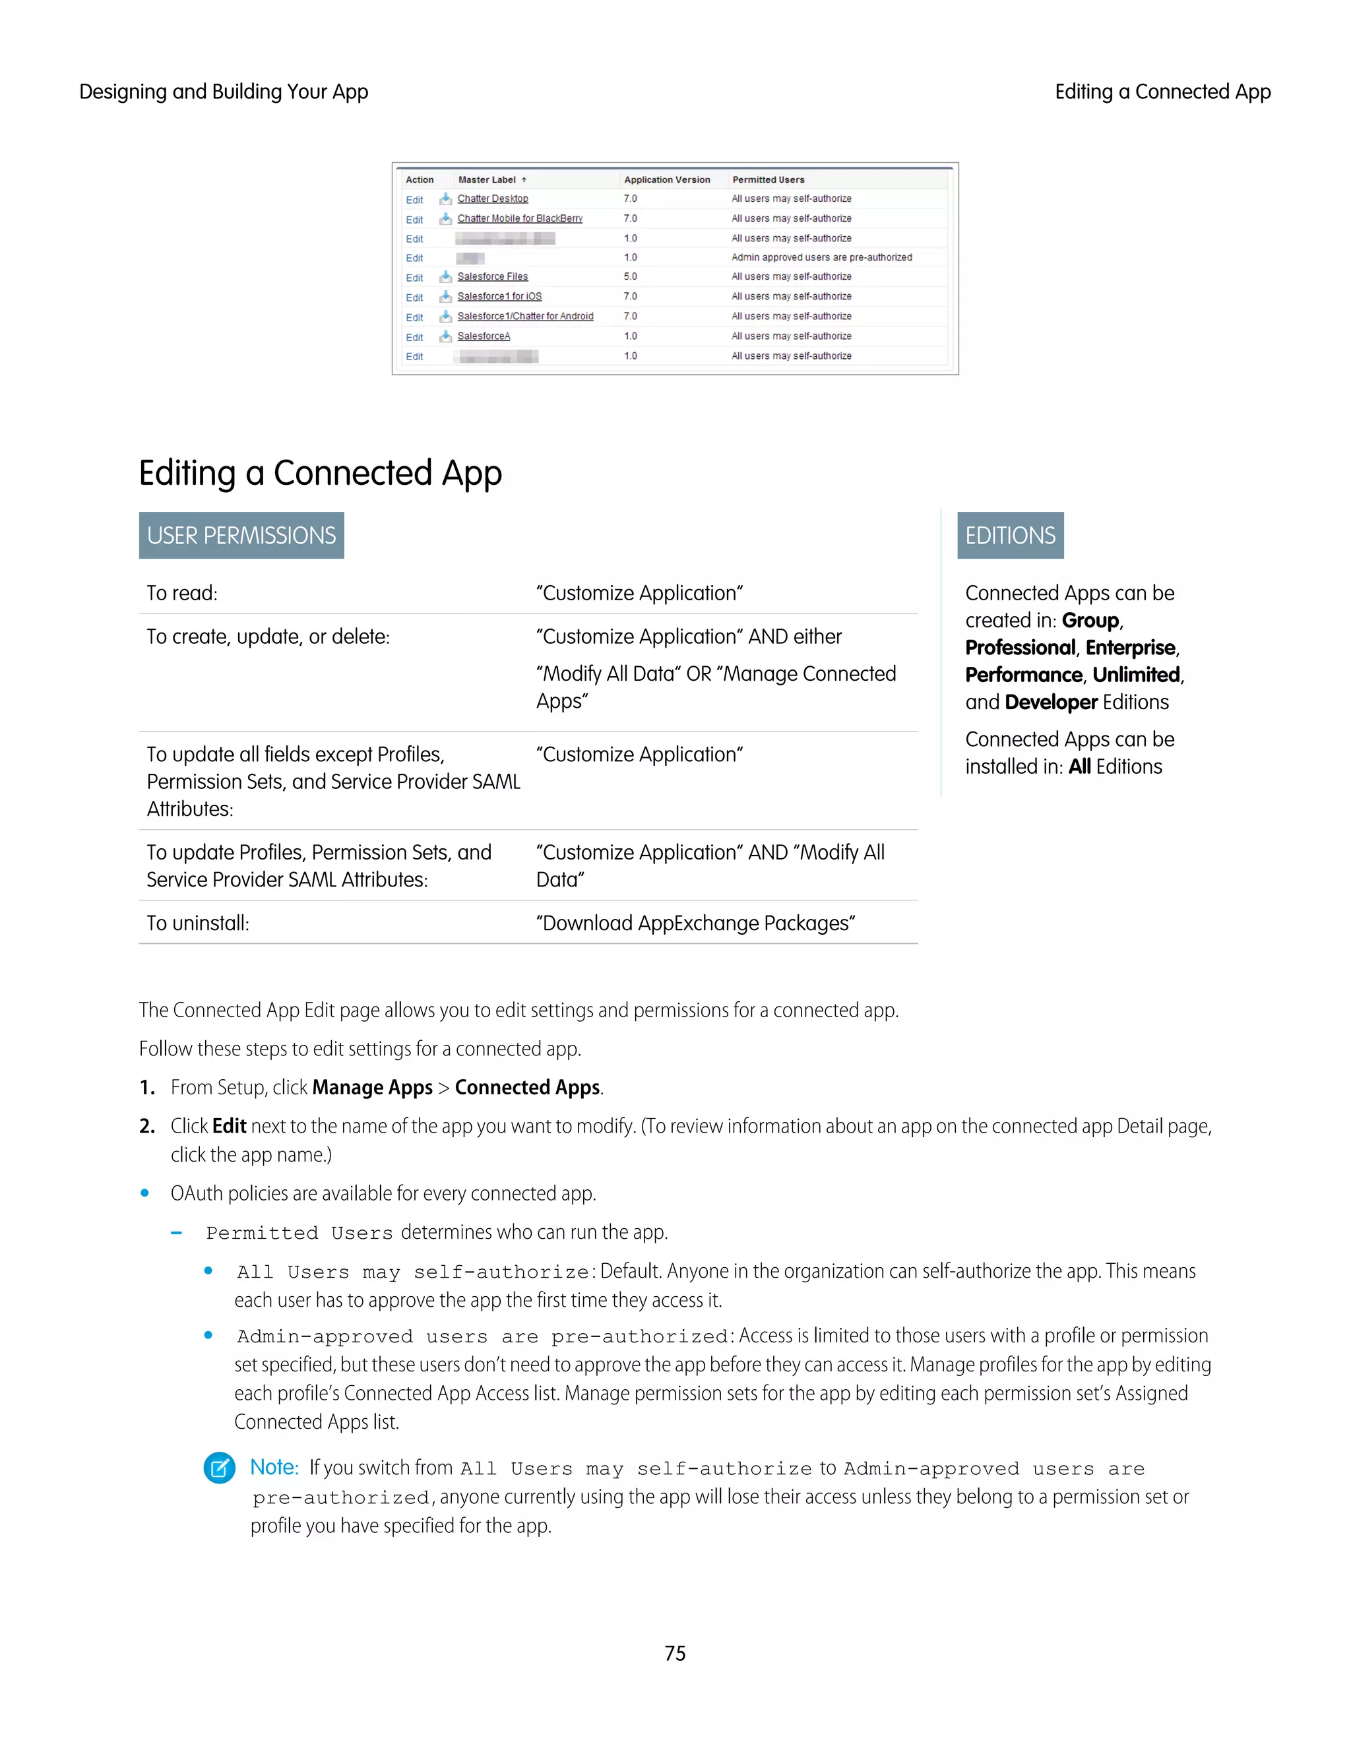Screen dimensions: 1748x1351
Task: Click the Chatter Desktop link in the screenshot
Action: (492, 199)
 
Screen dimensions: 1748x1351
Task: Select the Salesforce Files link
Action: (492, 276)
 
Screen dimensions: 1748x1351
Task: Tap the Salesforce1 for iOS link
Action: (499, 296)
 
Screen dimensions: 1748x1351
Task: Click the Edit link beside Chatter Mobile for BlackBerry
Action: (414, 219)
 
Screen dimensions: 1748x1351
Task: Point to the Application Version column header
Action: (667, 179)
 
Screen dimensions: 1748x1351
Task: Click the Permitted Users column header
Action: (768, 179)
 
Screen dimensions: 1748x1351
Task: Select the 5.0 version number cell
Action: (631, 276)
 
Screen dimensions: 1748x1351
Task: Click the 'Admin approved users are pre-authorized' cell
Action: (821, 257)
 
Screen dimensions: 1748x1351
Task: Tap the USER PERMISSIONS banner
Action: (241, 536)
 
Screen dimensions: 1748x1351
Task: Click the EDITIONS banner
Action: (1010, 536)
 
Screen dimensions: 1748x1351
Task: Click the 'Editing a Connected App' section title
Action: (320, 473)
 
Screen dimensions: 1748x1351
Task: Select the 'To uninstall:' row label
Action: (198, 923)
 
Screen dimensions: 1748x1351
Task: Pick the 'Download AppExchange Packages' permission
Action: (695, 923)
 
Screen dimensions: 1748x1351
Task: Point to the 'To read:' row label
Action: (181, 593)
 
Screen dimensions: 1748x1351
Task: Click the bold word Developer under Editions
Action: (1051, 702)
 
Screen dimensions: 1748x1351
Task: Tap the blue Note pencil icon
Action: (219, 1467)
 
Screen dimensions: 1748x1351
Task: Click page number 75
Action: (675, 1654)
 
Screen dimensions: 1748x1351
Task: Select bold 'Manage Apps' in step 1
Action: (372, 1087)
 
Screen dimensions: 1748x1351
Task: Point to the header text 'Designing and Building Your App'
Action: (224, 92)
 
